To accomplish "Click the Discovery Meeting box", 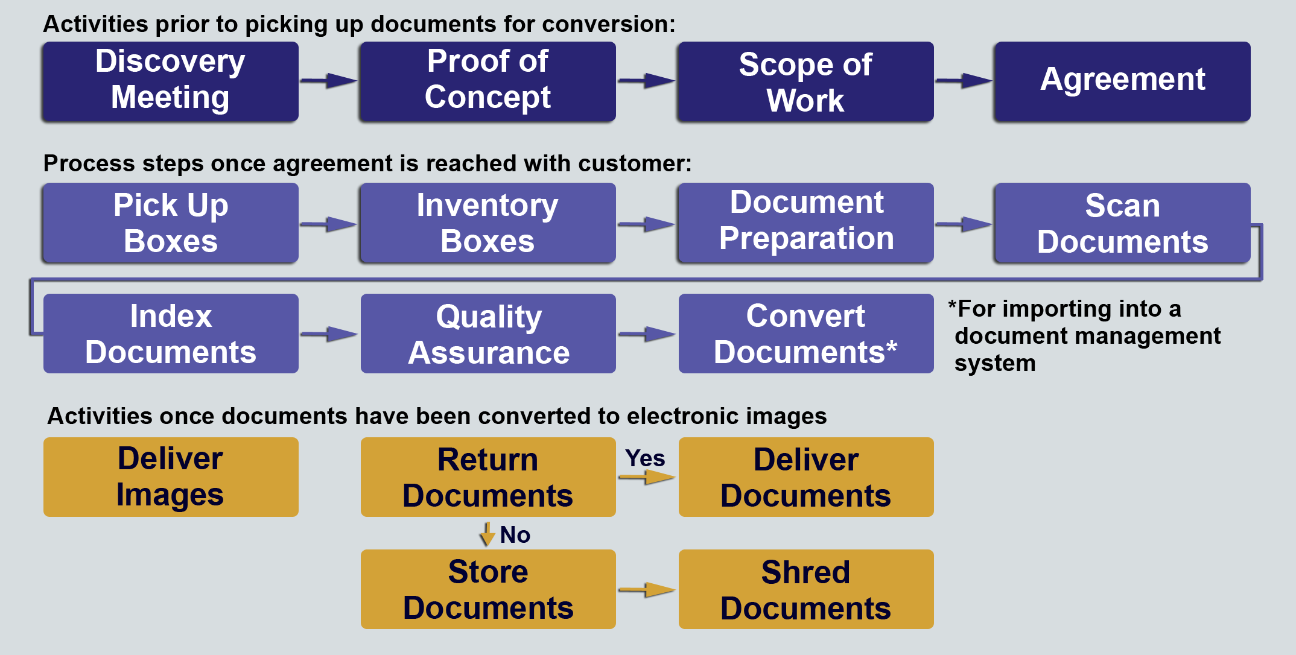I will click(171, 81).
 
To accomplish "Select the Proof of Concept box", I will click(488, 81).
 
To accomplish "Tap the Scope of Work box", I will click(805, 81).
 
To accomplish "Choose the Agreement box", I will click(1122, 81).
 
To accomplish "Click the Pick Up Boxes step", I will click(171, 223).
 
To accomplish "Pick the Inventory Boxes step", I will click(488, 223).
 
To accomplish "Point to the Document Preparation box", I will click(805, 223).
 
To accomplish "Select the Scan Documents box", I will click(1122, 223).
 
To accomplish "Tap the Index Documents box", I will click(171, 334).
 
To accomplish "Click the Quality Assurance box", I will click(488, 334).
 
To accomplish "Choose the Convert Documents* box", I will click(805, 334).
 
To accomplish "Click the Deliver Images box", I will click(171, 477).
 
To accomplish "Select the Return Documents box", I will click(488, 477).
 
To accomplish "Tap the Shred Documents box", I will click(805, 589).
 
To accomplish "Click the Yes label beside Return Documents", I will click(644, 458).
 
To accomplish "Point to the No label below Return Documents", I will click(515, 535).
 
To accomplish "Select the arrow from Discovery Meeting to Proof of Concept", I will click(329, 80).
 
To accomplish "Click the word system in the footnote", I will click(995, 364).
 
